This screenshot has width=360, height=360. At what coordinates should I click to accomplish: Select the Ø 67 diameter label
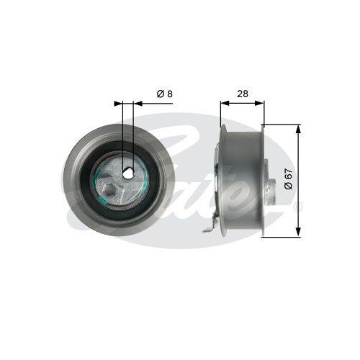click(x=287, y=178)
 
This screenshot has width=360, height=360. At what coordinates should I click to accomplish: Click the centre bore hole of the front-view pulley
click(x=127, y=173)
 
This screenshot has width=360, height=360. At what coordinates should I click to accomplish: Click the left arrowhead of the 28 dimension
click(x=223, y=103)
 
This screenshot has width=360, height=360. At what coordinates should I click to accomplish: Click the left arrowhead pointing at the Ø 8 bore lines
click(x=120, y=103)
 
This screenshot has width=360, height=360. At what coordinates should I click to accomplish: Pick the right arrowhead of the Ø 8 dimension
click(x=136, y=103)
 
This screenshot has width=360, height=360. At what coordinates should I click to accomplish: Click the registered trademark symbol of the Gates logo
click(x=300, y=206)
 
